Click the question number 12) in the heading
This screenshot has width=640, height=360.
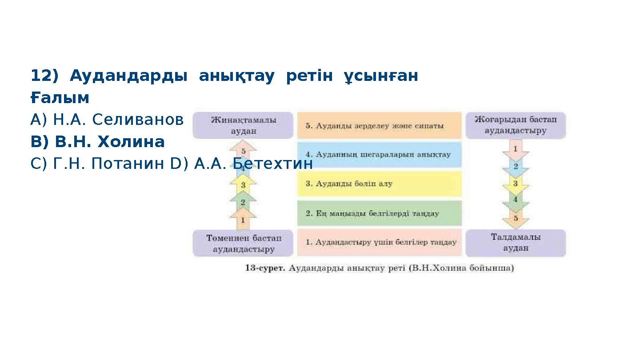[44, 76]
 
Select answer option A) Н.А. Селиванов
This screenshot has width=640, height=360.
[107, 120]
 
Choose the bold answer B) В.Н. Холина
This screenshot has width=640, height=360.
[97, 142]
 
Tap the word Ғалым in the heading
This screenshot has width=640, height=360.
[60, 98]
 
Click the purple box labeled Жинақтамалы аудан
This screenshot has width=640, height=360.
[243, 125]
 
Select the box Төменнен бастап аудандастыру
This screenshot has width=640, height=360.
[243, 243]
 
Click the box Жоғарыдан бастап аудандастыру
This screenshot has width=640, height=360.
[515, 125]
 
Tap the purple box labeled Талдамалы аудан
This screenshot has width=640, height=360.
[515, 243]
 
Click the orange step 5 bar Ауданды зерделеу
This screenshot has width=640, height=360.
[379, 125]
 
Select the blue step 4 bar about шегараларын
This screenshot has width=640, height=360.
[379, 155]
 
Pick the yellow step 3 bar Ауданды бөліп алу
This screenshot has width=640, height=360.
[379, 184]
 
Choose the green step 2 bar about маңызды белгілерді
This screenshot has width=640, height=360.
[379, 213]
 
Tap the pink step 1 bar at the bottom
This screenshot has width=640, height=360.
[379, 243]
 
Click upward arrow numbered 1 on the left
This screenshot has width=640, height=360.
[243, 220]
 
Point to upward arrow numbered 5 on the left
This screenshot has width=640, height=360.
[243, 151]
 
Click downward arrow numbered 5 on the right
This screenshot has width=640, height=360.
[516, 218]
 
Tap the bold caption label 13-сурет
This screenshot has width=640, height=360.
[265, 268]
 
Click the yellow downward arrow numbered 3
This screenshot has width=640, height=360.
[515, 184]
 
